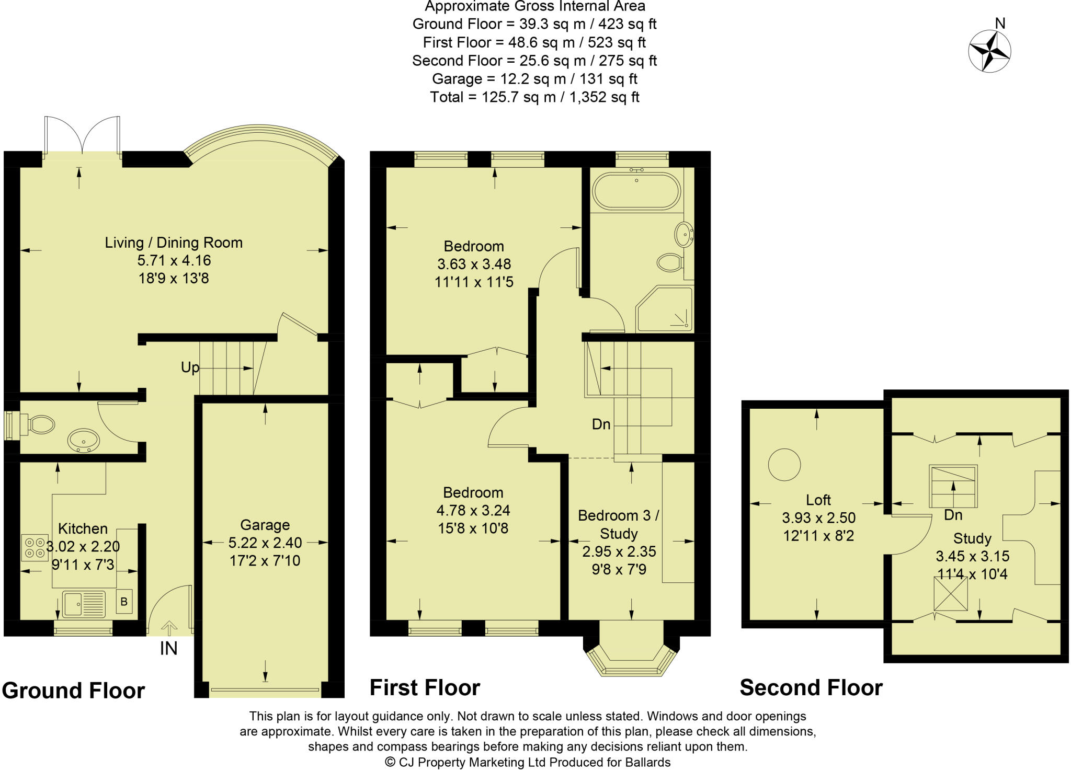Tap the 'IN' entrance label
(168, 648)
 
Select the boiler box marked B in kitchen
(124, 602)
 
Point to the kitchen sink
(84, 604)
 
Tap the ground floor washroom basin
(84, 440)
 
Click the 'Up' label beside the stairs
(190, 367)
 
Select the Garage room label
(265, 525)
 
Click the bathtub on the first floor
(636, 191)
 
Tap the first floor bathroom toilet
(670, 262)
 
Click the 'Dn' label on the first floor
(601, 424)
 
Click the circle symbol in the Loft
(784, 464)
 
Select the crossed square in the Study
(950, 593)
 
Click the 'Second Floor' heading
(811, 687)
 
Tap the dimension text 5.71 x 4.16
(174, 260)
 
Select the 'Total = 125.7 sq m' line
(534, 97)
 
